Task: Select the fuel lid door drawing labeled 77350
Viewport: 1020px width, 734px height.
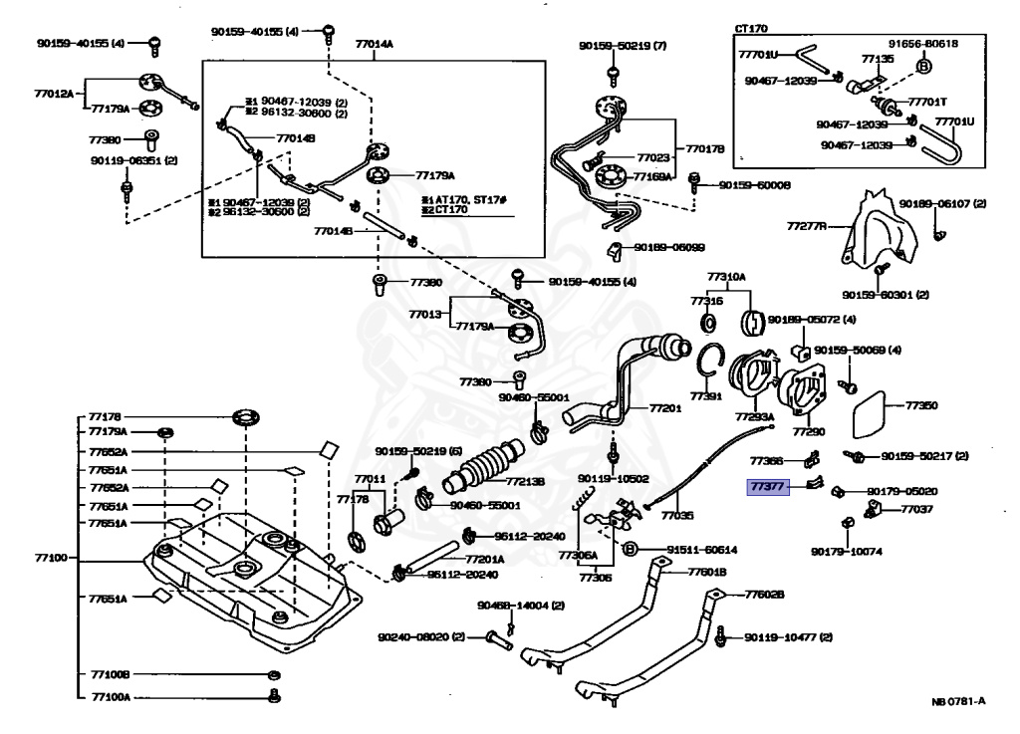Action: coord(879,413)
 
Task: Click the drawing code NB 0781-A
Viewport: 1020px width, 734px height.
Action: coord(958,701)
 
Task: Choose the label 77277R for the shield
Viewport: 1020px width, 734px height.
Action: coord(807,227)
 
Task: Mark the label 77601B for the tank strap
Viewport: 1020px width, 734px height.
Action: coord(707,572)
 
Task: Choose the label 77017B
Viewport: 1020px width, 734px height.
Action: coord(704,149)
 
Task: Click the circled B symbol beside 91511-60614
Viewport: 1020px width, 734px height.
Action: coord(630,548)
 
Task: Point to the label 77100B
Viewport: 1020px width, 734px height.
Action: coord(111,674)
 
